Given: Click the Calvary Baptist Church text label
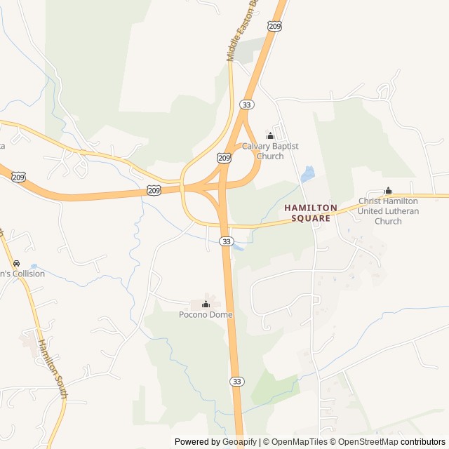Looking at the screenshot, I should (x=270, y=151).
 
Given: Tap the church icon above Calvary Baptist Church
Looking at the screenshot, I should (x=270, y=135).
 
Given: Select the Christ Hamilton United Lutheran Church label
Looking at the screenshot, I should (x=388, y=211).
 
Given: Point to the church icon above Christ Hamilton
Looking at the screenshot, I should (x=388, y=191).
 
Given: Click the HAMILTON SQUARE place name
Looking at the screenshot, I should (x=311, y=213).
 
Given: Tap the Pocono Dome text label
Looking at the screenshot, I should (x=206, y=314).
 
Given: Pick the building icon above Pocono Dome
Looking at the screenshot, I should (x=206, y=304).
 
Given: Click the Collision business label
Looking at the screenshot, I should (x=22, y=274).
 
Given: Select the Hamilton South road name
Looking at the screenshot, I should (x=52, y=369).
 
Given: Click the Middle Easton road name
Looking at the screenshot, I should (x=234, y=32).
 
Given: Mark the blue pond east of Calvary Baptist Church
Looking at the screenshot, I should (x=307, y=174).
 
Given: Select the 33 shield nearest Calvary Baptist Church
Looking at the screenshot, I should (x=246, y=104).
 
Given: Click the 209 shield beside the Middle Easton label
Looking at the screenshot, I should (x=274, y=25).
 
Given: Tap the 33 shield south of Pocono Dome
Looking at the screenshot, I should (x=237, y=381).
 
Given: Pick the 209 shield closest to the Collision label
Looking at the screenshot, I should (x=18, y=177).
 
